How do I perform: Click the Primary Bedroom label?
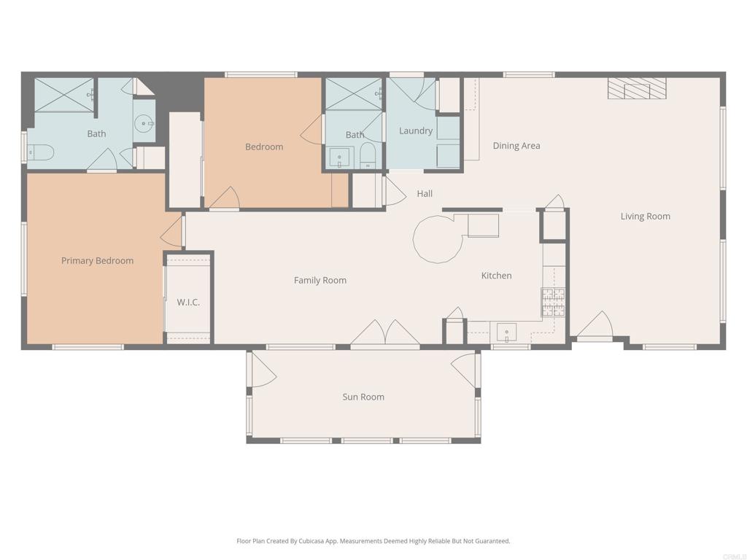[97, 261]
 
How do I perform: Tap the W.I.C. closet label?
[188, 302]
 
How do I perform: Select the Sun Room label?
[363, 397]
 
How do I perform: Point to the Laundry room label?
[416, 131]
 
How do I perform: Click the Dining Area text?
[516, 146]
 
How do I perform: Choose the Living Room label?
[645, 217]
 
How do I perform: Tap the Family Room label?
[320, 281]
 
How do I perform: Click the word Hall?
[425, 194]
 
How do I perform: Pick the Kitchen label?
[496, 276]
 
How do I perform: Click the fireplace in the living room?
[637, 89]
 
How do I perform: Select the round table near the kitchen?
[438, 239]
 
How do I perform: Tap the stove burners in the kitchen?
[553, 301]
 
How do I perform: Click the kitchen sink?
[506, 332]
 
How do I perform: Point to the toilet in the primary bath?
[41, 152]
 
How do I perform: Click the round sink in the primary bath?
[144, 124]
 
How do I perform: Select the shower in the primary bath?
[65, 95]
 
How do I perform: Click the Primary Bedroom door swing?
[171, 231]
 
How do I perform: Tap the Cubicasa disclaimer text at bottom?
[373, 541]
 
